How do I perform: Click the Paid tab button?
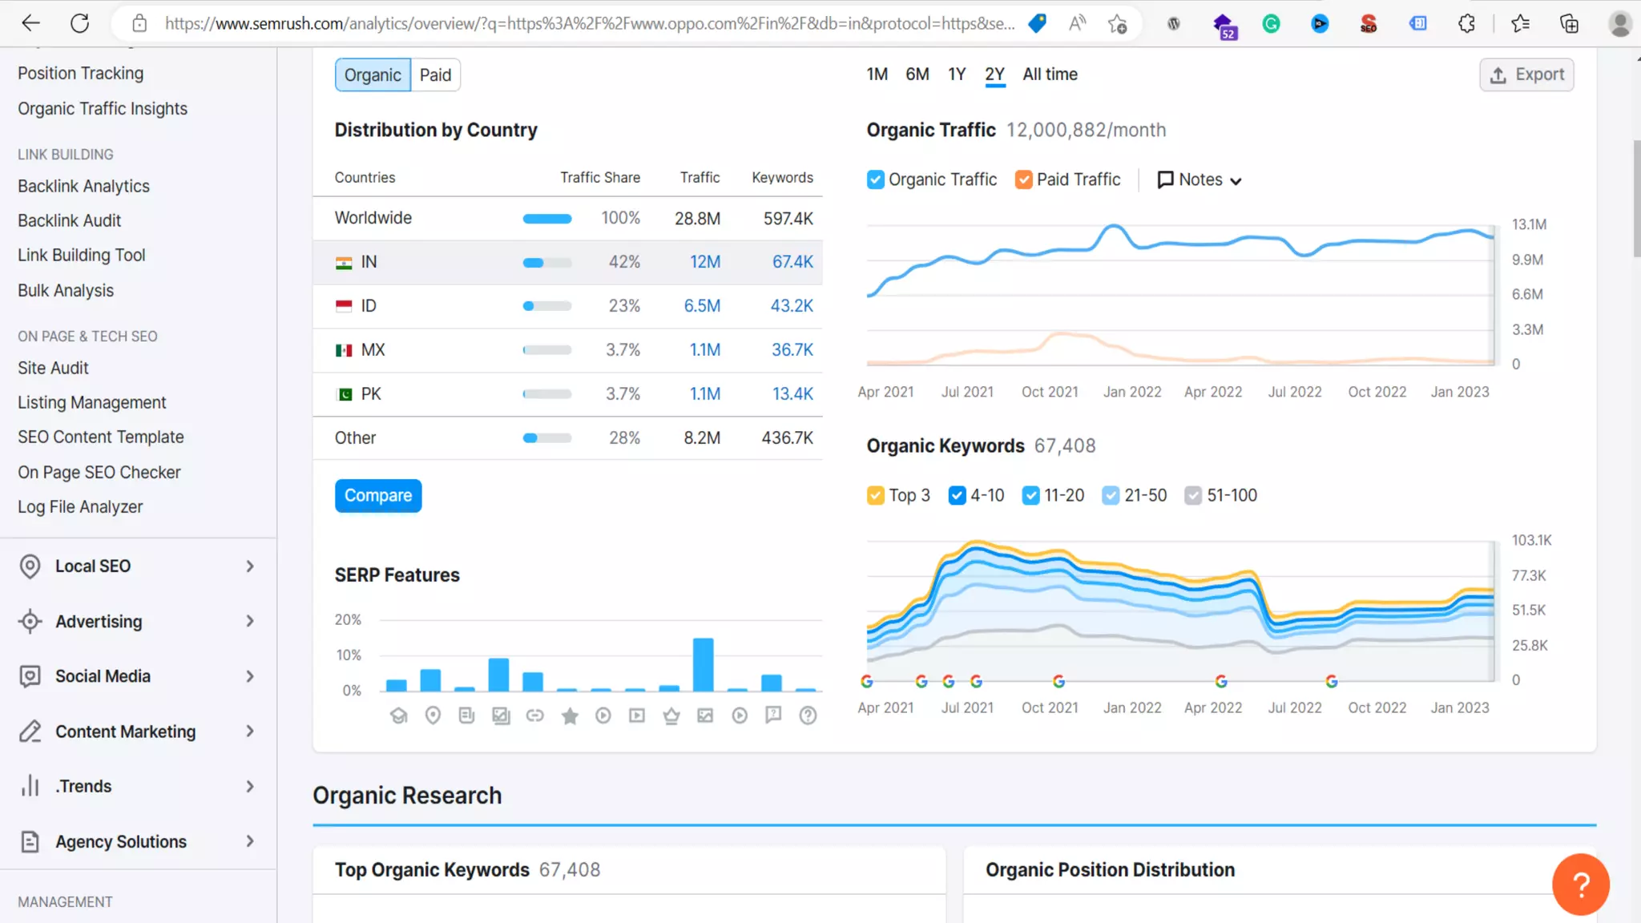click(435, 75)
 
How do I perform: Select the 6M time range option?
click(917, 75)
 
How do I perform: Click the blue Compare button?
click(378, 496)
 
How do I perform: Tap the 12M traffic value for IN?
click(705, 262)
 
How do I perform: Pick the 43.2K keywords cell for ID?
click(792, 306)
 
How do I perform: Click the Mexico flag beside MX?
click(344, 350)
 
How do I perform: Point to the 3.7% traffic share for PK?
click(623, 394)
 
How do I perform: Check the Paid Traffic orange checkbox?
click(1023, 179)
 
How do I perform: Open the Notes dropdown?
click(1200, 180)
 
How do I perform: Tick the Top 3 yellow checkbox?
click(876, 496)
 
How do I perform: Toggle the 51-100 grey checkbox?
click(1193, 496)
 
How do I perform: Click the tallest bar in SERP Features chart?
click(703, 664)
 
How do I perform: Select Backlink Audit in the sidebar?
click(70, 220)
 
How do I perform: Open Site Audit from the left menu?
click(53, 368)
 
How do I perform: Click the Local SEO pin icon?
click(30, 566)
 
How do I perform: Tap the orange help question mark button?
click(1580, 885)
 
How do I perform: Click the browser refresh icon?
click(79, 23)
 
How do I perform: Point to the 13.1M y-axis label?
click(1529, 224)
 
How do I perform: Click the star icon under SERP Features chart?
click(570, 715)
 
